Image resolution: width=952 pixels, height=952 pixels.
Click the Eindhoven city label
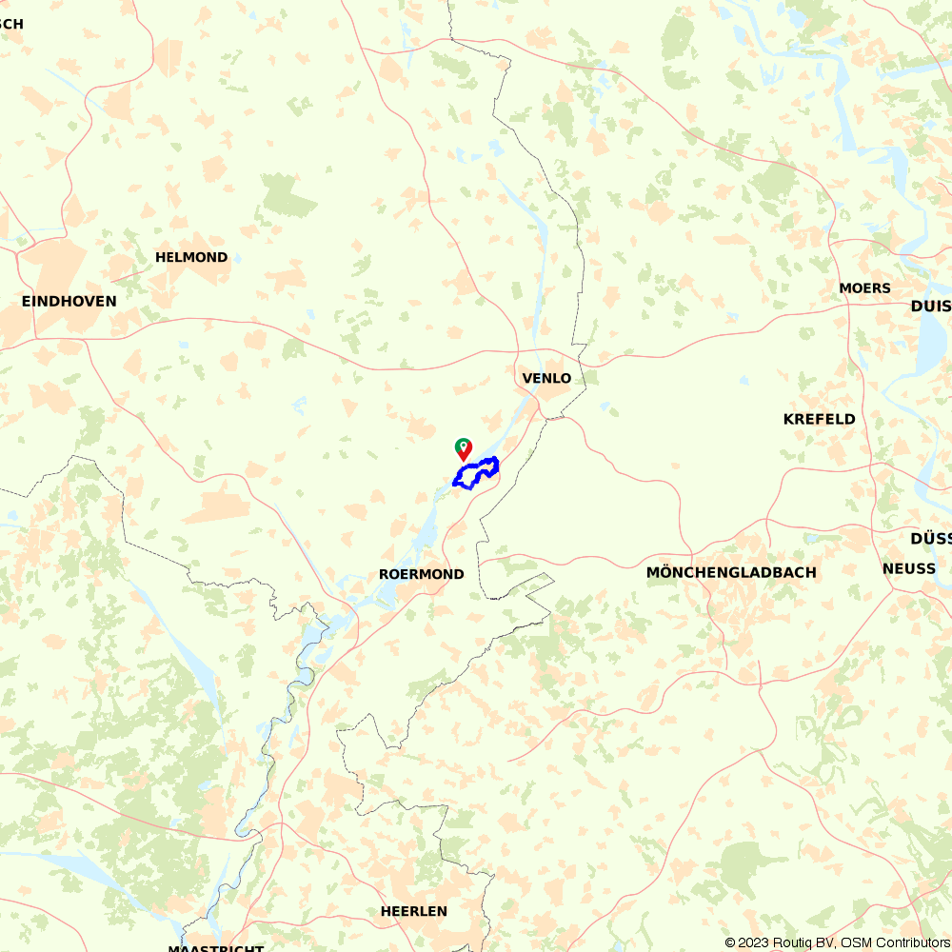pos(69,301)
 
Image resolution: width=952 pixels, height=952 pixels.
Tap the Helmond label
pos(191,257)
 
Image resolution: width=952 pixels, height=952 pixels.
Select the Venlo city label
pos(546,378)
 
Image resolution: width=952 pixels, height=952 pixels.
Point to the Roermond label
pos(421,574)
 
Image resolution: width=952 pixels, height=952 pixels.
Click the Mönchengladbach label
pos(731,572)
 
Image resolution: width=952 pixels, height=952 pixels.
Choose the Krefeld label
pos(819,419)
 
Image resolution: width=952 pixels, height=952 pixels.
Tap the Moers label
pos(864,288)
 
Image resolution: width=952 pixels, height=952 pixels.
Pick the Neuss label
pos(908,568)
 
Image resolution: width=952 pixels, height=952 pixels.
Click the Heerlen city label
pos(413,911)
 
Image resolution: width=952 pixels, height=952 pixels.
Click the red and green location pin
pos(463,448)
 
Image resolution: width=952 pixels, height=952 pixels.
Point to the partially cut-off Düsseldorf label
pos(930,538)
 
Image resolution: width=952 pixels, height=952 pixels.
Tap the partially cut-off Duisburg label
pos(930,306)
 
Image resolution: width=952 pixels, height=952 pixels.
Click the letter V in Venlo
pos(527,378)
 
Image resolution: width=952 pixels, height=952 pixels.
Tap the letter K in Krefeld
pos(788,419)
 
